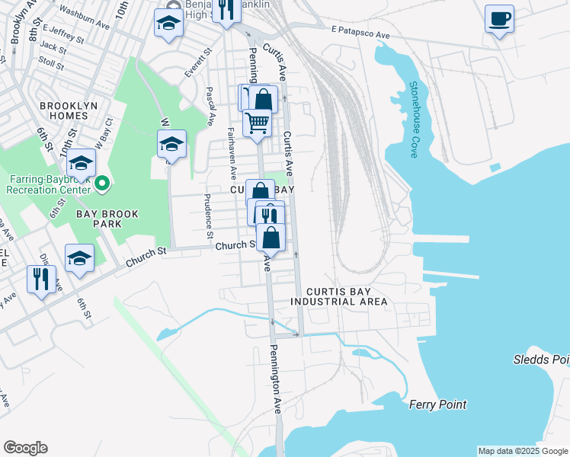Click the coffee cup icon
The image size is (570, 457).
(499, 18)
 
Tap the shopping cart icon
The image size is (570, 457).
(258, 122)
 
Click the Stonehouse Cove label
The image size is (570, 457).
(414, 120)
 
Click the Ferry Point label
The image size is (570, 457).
(437, 404)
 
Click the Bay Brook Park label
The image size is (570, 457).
(107, 220)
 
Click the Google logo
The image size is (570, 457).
(25, 448)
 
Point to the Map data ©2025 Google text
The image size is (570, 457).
(523, 451)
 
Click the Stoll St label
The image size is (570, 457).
(51, 61)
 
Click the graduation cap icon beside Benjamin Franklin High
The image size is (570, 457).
(168, 22)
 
